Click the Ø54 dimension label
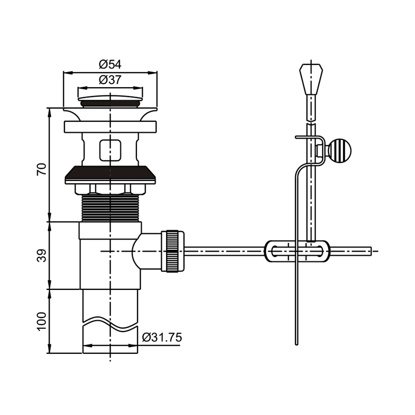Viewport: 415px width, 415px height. tap(110, 64)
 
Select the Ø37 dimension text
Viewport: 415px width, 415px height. tap(110, 80)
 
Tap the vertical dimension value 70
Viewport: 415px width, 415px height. tap(42, 169)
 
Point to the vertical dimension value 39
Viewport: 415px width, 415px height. tap(42, 255)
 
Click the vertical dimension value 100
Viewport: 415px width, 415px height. tap(42, 321)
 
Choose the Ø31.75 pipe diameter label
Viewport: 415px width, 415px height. tap(162, 338)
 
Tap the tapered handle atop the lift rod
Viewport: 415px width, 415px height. tap(311, 79)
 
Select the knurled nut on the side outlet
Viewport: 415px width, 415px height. tap(173, 251)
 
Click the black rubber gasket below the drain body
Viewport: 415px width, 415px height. tap(110, 175)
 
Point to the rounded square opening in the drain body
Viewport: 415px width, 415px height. tap(110, 150)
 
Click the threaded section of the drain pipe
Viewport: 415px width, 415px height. tap(110, 209)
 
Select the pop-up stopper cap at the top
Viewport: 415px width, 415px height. tap(110, 101)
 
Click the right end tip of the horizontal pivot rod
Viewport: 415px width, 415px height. tap(371, 251)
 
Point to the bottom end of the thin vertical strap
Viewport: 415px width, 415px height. tap(296, 344)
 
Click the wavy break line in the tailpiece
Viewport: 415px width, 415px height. tap(110, 323)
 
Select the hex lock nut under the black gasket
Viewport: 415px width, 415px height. tap(110, 189)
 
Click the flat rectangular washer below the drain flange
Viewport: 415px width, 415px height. tap(110, 127)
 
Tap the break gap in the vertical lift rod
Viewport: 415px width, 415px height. tap(311, 122)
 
